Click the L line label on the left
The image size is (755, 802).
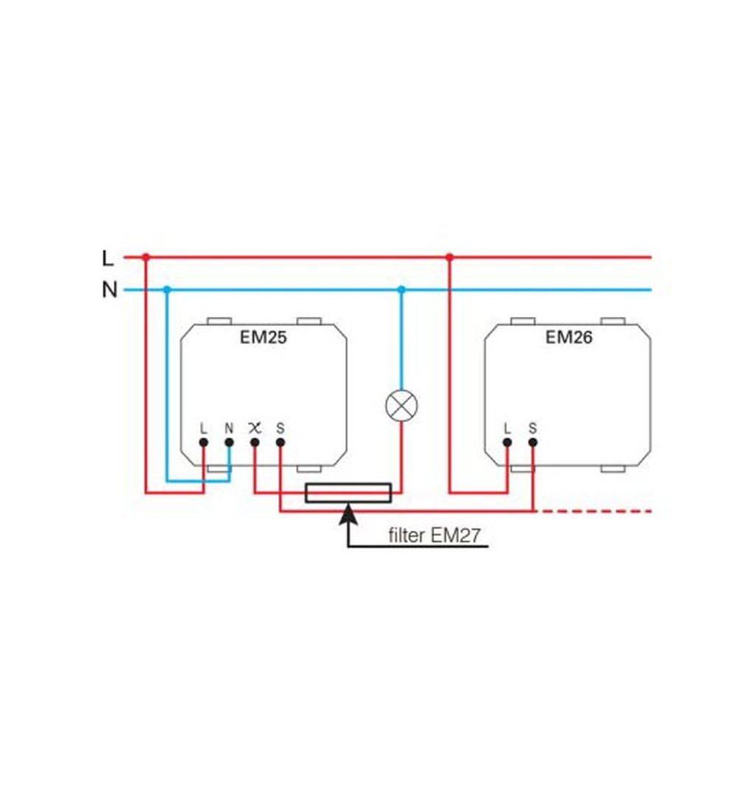tap(108, 258)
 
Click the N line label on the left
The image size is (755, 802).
tap(109, 290)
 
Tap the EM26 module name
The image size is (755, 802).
tap(569, 338)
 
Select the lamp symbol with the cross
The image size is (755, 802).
tap(402, 405)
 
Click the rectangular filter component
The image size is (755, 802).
tap(349, 492)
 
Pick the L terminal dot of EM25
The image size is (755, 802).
tap(203, 442)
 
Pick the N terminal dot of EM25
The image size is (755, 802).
tap(229, 442)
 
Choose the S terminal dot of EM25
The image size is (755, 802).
tap(280, 442)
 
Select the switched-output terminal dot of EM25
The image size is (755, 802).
tap(254, 442)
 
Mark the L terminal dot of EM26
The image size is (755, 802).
tap(507, 442)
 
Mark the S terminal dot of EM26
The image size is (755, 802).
tap(532, 442)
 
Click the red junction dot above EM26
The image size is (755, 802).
tap(449, 257)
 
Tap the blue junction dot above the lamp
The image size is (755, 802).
tap(402, 290)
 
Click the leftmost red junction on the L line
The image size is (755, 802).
tap(146, 257)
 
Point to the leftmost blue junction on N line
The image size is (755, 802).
tap(167, 290)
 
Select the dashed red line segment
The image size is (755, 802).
tap(597, 511)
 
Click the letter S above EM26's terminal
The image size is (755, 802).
tap(532, 428)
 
